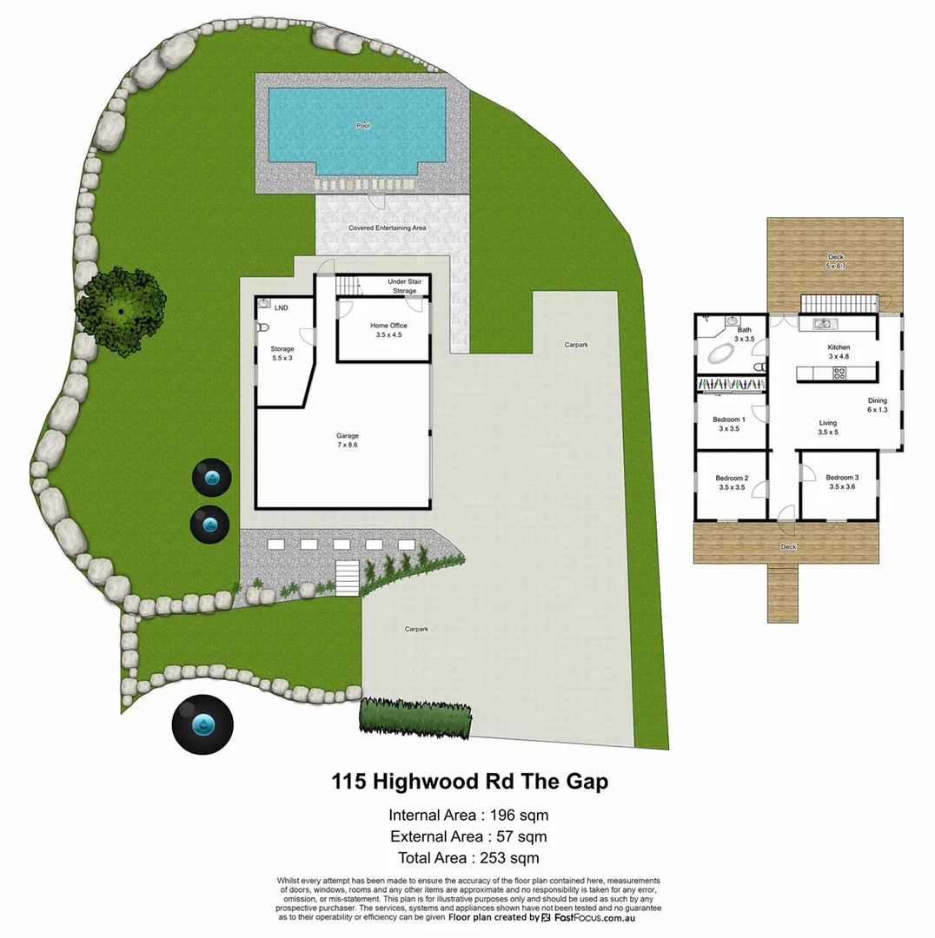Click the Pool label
point(362,126)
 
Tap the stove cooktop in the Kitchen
point(840,373)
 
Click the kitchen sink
point(823,325)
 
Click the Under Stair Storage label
point(404,287)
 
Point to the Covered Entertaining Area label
point(388,228)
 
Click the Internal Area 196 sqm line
point(468,816)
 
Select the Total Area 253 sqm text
point(468,858)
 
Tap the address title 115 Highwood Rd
point(469,782)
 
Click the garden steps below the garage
point(347,578)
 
